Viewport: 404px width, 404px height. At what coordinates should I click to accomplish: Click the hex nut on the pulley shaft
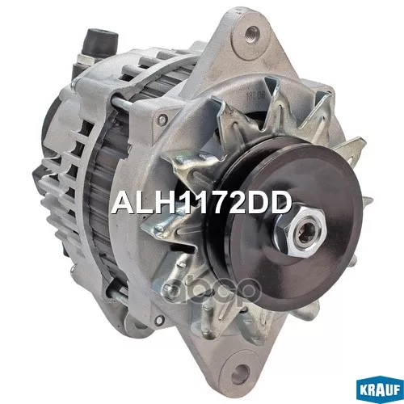click(x=301, y=233)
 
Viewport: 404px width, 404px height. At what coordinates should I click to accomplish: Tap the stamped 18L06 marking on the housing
click(x=251, y=95)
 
